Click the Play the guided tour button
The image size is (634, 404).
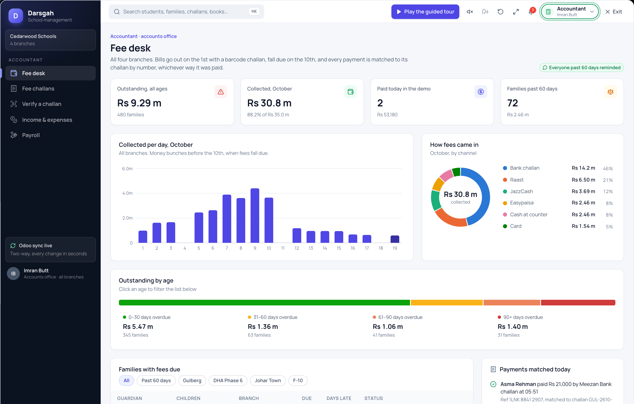(x=425, y=12)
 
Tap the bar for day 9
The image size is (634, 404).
(x=255, y=215)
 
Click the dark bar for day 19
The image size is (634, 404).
(x=395, y=239)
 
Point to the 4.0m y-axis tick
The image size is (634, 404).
(x=128, y=193)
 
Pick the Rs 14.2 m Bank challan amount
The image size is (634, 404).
(x=583, y=168)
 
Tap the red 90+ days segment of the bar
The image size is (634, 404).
(x=578, y=302)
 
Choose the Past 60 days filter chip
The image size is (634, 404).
(x=156, y=381)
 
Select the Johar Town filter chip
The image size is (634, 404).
(x=268, y=381)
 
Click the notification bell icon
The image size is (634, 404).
(x=531, y=12)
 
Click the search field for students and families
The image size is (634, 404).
(x=186, y=12)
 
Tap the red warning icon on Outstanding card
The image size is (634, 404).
(x=221, y=92)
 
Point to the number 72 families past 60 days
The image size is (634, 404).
(x=512, y=103)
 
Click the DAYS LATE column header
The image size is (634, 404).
(x=339, y=398)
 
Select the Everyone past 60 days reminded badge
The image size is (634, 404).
(x=581, y=68)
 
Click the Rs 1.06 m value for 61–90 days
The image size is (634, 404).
(x=388, y=327)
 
